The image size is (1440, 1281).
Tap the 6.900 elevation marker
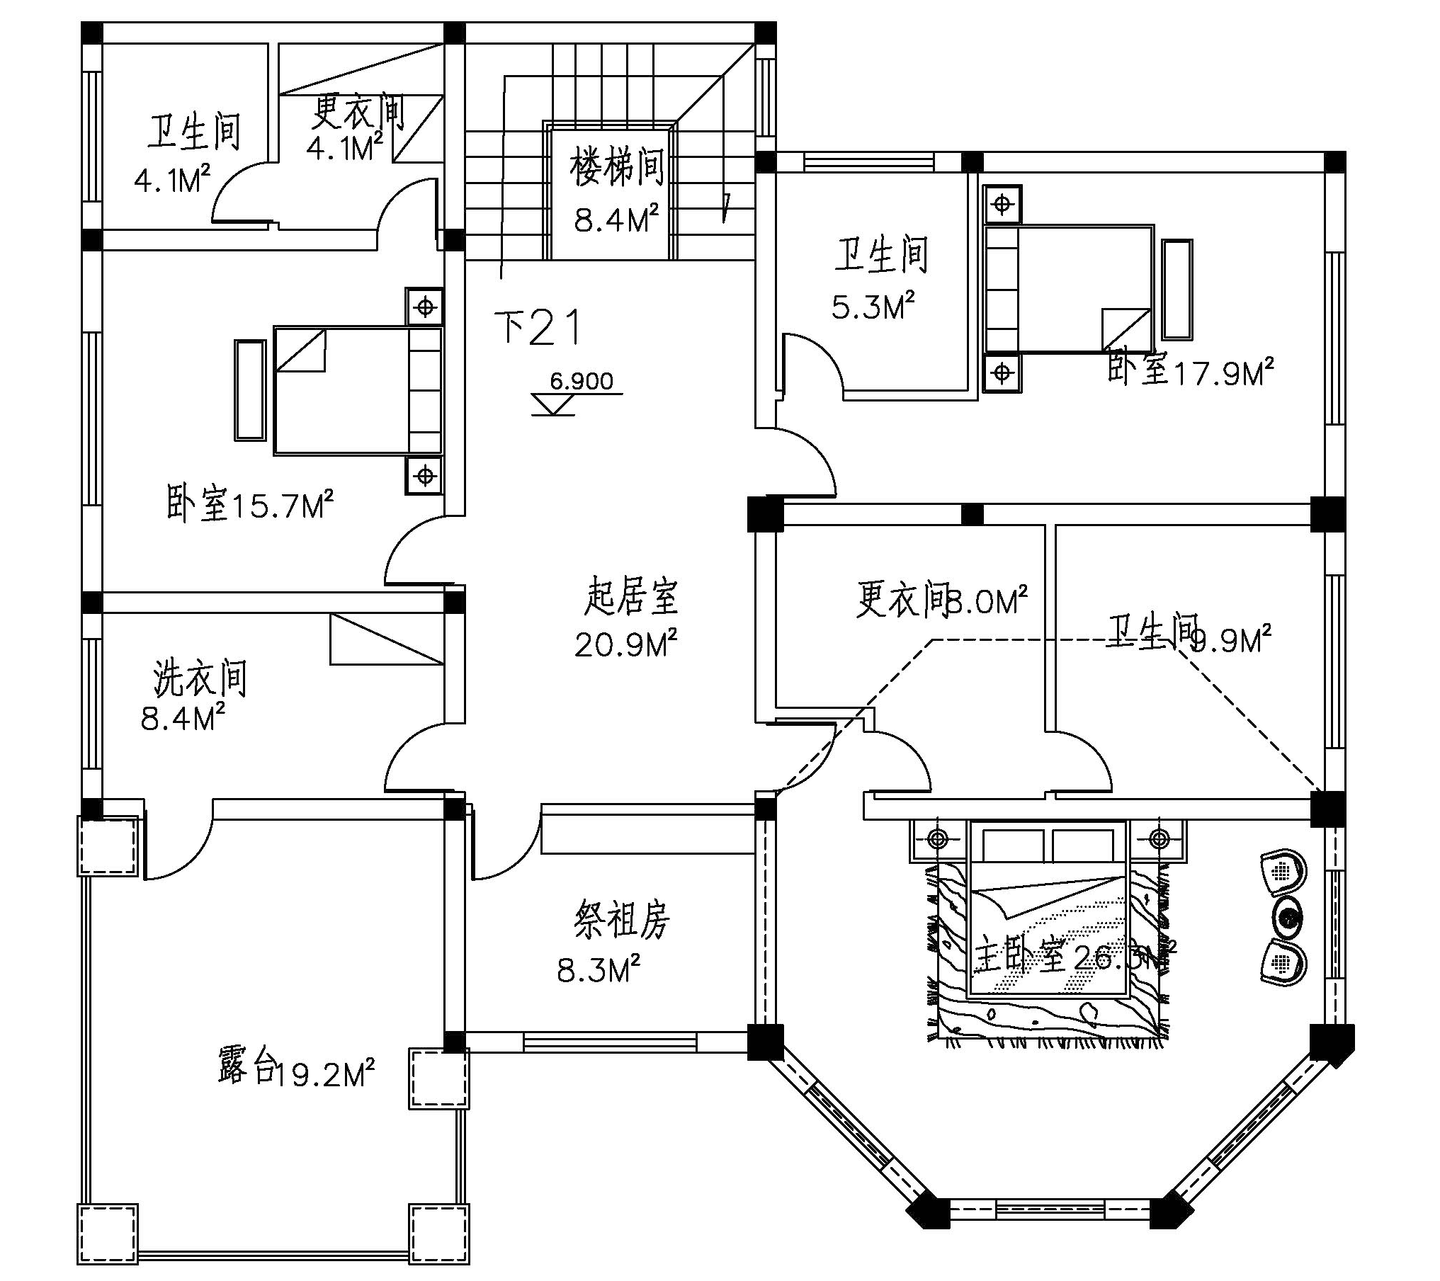[581, 382]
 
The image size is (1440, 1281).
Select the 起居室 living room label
[630, 596]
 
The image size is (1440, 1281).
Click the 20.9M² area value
[625, 644]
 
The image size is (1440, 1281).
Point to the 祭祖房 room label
[620, 920]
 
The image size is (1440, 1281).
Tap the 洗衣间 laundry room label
[200, 678]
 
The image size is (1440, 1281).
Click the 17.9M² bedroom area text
[1224, 373]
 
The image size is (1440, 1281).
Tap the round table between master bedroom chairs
[1288, 917]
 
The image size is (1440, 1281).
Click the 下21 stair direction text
[538, 328]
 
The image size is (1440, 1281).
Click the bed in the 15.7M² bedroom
[358, 389]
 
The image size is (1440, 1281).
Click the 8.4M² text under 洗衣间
[183, 719]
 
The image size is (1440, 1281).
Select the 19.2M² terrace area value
[324, 1076]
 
